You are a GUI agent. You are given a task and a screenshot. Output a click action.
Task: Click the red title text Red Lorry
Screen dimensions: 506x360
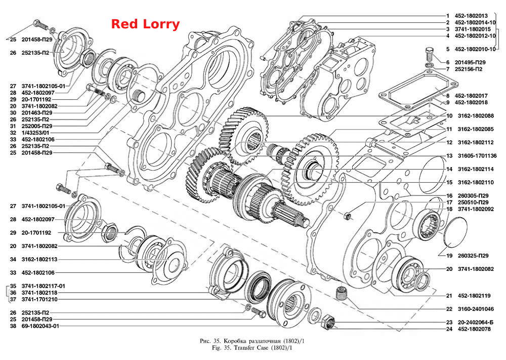pos(145,24)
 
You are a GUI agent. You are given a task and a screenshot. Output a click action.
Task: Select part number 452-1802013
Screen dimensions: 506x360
pos(471,16)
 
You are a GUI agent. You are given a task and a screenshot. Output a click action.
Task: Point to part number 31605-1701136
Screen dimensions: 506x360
pos(477,155)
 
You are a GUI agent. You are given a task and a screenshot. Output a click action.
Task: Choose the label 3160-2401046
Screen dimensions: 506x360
pos(476,309)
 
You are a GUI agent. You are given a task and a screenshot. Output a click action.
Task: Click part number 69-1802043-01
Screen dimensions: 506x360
pos(40,326)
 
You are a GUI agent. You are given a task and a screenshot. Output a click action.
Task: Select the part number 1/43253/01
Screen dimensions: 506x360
pos(35,133)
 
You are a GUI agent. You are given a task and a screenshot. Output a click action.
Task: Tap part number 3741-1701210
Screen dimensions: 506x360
pos(39,299)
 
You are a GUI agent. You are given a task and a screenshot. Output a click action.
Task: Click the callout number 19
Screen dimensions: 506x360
pos(449,256)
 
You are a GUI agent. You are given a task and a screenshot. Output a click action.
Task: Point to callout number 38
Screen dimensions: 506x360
pos(13,326)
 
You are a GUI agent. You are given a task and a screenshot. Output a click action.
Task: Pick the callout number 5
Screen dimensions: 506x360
pos(448,49)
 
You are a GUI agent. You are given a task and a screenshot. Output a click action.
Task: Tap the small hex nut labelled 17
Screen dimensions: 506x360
pos(347,216)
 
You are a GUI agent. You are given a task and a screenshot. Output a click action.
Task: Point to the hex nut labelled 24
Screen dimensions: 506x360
pos(328,321)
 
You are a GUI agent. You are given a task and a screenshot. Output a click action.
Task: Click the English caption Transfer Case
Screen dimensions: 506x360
pos(250,348)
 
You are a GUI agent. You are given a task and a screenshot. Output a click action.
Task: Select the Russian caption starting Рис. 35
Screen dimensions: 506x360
pos(252,341)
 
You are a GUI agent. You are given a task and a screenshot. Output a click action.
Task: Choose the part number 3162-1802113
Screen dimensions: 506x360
pos(39,259)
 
